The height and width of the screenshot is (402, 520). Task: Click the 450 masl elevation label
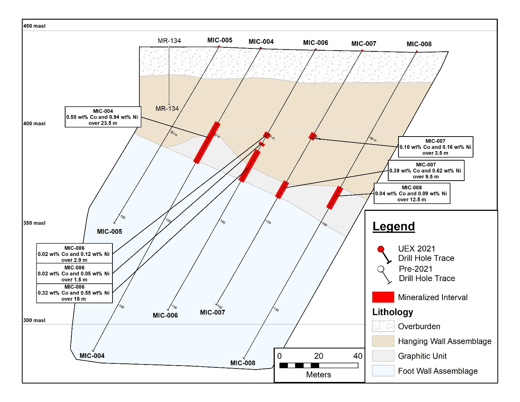pyautogui.click(x=34, y=26)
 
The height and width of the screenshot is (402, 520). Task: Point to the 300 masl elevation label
pyautogui.click(x=34, y=320)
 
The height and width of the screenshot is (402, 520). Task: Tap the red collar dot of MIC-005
pyautogui.click(x=219, y=47)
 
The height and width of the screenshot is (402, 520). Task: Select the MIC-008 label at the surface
pyautogui.click(x=419, y=44)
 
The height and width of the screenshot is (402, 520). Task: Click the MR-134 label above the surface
pyautogui.click(x=169, y=41)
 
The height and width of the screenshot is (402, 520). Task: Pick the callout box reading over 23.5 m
pyautogui.click(x=103, y=117)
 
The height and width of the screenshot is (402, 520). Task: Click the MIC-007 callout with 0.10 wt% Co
pyautogui.click(x=436, y=147)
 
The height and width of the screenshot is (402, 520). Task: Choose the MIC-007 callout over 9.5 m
pyautogui.click(x=426, y=170)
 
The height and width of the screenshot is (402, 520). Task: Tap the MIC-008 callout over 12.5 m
pyautogui.click(x=412, y=193)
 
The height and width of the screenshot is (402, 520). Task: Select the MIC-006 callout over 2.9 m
pyautogui.click(x=75, y=253)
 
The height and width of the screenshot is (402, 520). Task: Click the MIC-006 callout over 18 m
pyautogui.click(x=75, y=293)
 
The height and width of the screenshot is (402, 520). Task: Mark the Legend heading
pyautogui.click(x=394, y=226)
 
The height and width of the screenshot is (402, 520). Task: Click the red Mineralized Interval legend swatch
pyautogui.click(x=383, y=297)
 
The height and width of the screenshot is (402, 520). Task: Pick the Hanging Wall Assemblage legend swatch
pyautogui.click(x=383, y=341)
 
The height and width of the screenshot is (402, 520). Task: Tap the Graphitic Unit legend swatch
pyautogui.click(x=383, y=356)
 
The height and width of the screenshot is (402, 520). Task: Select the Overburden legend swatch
pyautogui.click(x=383, y=326)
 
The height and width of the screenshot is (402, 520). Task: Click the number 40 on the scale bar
pyautogui.click(x=358, y=356)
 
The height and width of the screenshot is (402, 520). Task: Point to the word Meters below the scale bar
pyautogui.click(x=318, y=374)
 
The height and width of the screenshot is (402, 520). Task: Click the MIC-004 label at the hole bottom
pyautogui.click(x=92, y=355)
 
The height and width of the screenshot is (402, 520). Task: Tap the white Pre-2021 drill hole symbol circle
pyautogui.click(x=381, y=269)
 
